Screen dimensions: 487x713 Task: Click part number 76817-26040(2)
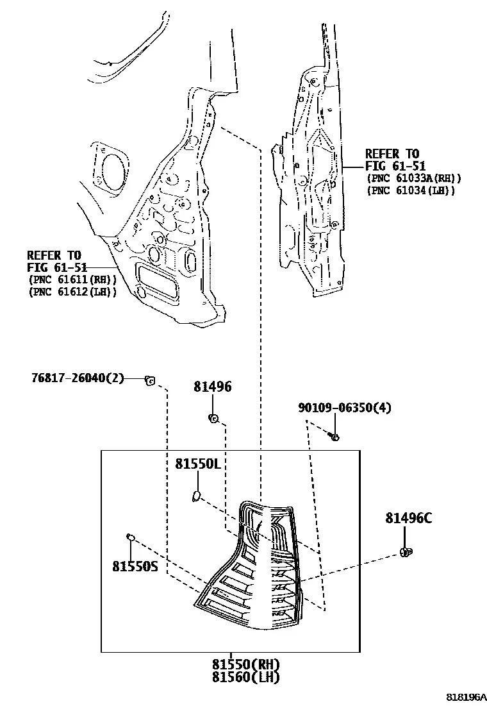78,378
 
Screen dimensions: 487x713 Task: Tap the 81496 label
213,387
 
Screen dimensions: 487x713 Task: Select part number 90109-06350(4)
344,407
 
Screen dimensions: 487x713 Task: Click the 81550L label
198,464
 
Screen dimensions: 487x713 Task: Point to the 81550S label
135,566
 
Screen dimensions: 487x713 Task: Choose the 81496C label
409,518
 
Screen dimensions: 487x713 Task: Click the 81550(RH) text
245,665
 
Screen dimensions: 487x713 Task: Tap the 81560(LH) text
245,677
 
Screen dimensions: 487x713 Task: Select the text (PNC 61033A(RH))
414,179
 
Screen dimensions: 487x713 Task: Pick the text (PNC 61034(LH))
410,190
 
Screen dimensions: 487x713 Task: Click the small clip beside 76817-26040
149,380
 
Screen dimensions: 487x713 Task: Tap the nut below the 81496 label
213,418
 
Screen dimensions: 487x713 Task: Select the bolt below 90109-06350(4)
334,437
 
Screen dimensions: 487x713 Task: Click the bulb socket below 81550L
196,495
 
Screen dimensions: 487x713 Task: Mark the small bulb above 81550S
130,537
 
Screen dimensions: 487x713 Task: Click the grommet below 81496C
406,552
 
